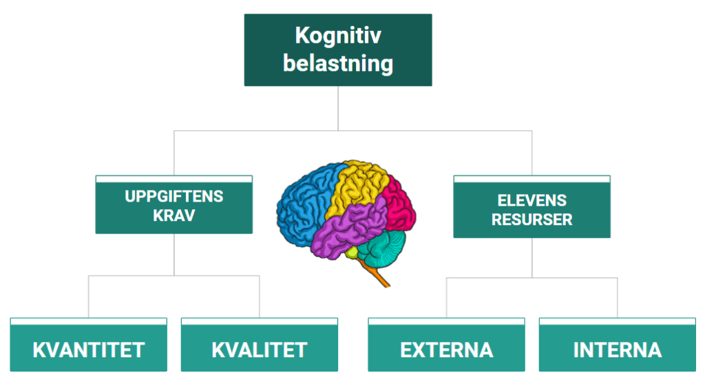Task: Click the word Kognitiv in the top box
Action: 337,36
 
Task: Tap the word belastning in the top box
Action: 337,63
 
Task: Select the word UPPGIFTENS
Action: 174,196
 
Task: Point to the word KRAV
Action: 174,215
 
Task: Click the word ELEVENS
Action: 532,201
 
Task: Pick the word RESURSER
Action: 532,220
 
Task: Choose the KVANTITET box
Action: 88,349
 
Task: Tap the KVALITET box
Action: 259,349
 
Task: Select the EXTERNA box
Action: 446,349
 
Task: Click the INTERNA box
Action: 617,349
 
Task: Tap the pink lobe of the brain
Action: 399,203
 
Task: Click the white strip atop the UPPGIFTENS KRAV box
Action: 174,179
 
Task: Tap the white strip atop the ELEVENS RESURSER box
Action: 532,179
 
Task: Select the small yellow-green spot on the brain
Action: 352,253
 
